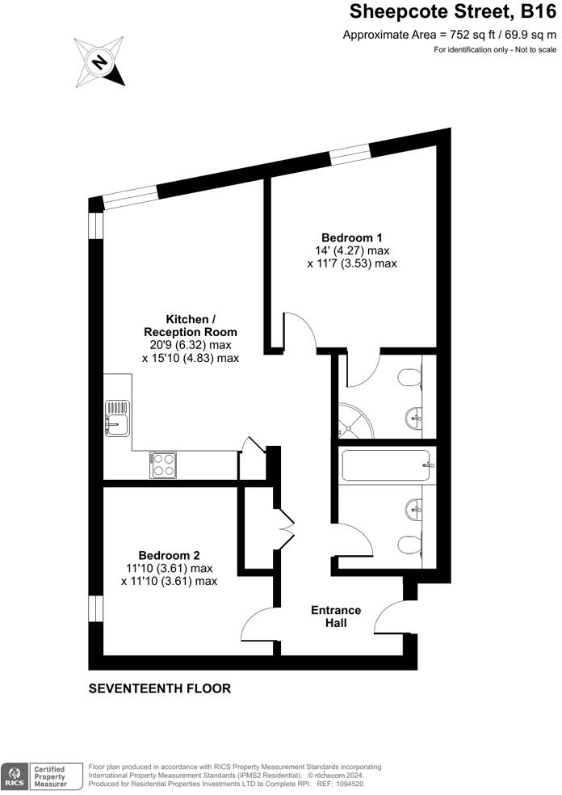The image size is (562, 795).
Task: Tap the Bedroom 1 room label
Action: pos(351,238)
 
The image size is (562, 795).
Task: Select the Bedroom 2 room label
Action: pos(169,555)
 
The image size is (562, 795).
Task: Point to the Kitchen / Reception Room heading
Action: pos(191,325)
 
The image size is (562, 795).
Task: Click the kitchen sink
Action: pos(115,417)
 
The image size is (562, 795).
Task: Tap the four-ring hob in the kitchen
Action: pos(165,464)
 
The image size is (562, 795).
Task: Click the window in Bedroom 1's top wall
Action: pos(350,154)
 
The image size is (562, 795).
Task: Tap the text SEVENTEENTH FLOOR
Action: pos(160,689)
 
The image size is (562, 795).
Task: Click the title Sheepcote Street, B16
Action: pos(452,12)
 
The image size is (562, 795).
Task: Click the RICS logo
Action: pos(15,776)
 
